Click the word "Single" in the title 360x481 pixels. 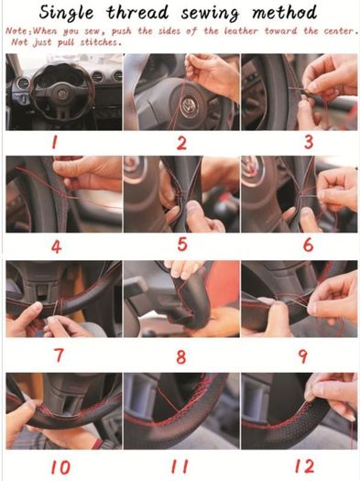click(x=66, y=13)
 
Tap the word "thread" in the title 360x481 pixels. click(x=138, y=13)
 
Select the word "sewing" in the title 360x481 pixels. click(x=210, y=14)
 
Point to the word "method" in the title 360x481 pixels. click(x=284, y=12)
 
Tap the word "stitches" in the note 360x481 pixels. click(x=100, y=42)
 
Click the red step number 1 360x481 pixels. click(x=54, y=142)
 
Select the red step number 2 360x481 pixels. click(x=181, y=143)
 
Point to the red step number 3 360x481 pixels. click(x=309, y=142)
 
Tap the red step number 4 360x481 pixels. click(x=56, y=246)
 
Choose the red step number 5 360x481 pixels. click(x=182, y=245)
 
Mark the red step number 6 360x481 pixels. click(x=308, y=246)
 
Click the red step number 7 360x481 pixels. click(x=59, y=355)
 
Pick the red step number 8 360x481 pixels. click(x=181, y=356)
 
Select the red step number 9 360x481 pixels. click(x=303, y=356)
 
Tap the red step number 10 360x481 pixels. click(x=60, y=468)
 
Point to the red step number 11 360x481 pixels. click(x=180, y=466)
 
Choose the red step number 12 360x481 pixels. click(x=304, y=466)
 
